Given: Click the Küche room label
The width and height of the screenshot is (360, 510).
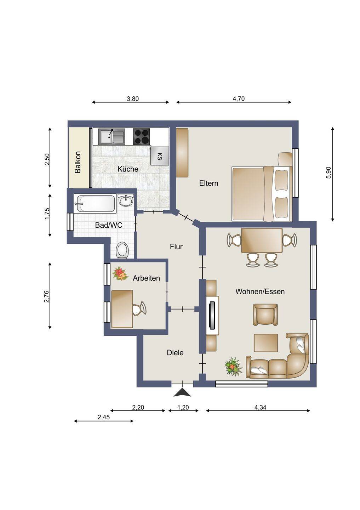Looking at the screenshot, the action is (x=128, y=169).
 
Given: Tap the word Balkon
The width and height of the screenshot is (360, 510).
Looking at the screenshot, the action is (x=78, y=162).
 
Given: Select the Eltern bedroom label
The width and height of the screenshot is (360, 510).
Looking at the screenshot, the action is (x=208, y=183).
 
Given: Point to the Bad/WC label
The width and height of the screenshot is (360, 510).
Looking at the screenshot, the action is (x=109, y=225).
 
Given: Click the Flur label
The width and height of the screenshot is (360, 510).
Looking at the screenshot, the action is (x=176, y=246).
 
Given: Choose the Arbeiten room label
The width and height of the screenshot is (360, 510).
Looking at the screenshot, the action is (x=146, y=278).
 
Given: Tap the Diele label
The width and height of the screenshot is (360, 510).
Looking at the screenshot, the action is (x=175, y=353).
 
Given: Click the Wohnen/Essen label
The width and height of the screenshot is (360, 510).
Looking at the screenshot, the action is (x=260, y=291).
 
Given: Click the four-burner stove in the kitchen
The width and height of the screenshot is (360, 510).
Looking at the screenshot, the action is (x=141, y=137).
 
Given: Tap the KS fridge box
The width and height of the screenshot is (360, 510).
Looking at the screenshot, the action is (x=160, y=156).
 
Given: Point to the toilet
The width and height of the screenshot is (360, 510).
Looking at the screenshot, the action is (x=122, y=250).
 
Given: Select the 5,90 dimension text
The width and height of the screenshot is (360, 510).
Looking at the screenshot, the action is (x=329, y=173).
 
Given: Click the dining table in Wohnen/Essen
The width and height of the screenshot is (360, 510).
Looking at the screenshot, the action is (x=262, y=240).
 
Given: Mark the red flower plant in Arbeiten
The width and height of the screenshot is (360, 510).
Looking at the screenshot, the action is (x=120, y=274).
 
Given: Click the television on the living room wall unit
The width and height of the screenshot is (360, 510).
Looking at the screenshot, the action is (x=212, y=315).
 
